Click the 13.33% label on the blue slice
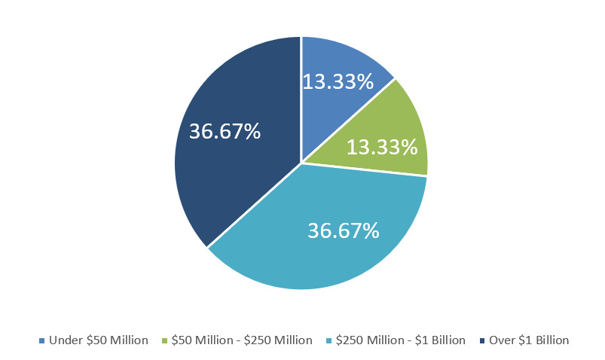(x=338, y=81)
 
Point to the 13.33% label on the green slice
(x=382, y=146)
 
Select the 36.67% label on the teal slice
(x=343, y=230)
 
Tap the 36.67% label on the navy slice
(x=225, y=131)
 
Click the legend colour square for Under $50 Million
(x=41, y=341)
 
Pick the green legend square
(x=164, y=341)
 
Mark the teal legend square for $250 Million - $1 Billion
(x=328, y=341)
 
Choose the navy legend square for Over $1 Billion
(x=481, y=341)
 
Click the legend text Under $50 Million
(x=99, y=340)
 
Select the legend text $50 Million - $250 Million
(x=242, y=340)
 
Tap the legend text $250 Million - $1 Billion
(x=401, y=340)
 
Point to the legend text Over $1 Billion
(x=529, y=340)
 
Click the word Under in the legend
(x=64, y=340)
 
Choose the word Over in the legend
(x=502, y=340)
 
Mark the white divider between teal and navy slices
(x=254, y=206)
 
